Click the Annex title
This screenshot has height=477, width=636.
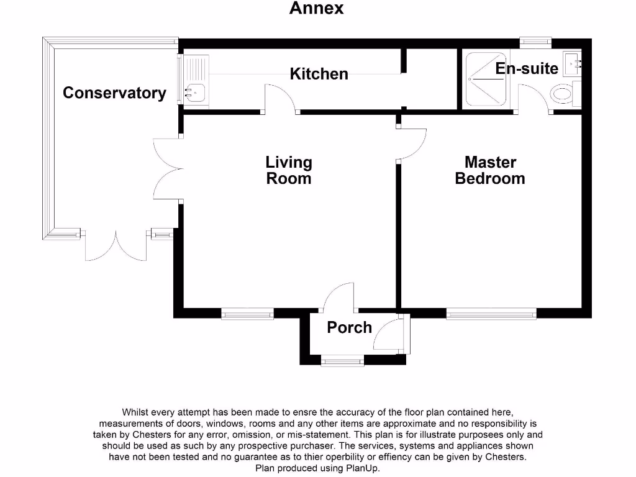tap(316, 9)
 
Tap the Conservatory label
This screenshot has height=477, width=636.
tap(114, 93)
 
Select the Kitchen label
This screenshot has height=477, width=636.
tap(319, 74)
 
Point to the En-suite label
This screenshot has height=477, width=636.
tap(527, 68)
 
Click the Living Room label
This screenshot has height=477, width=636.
tap(288, 170)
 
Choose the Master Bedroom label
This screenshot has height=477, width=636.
tap(490, 170)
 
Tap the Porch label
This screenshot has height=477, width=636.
tap(349, 327)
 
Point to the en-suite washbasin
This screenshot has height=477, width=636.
tap(573, 62)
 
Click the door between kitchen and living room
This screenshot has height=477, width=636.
tap(280, 99)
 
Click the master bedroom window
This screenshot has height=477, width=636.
tap(491, 314)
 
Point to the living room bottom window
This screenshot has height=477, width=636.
tap(248, 314)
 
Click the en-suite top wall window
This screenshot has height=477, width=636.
tap(535, 42)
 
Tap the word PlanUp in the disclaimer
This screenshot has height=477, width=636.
tap(362, 468)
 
